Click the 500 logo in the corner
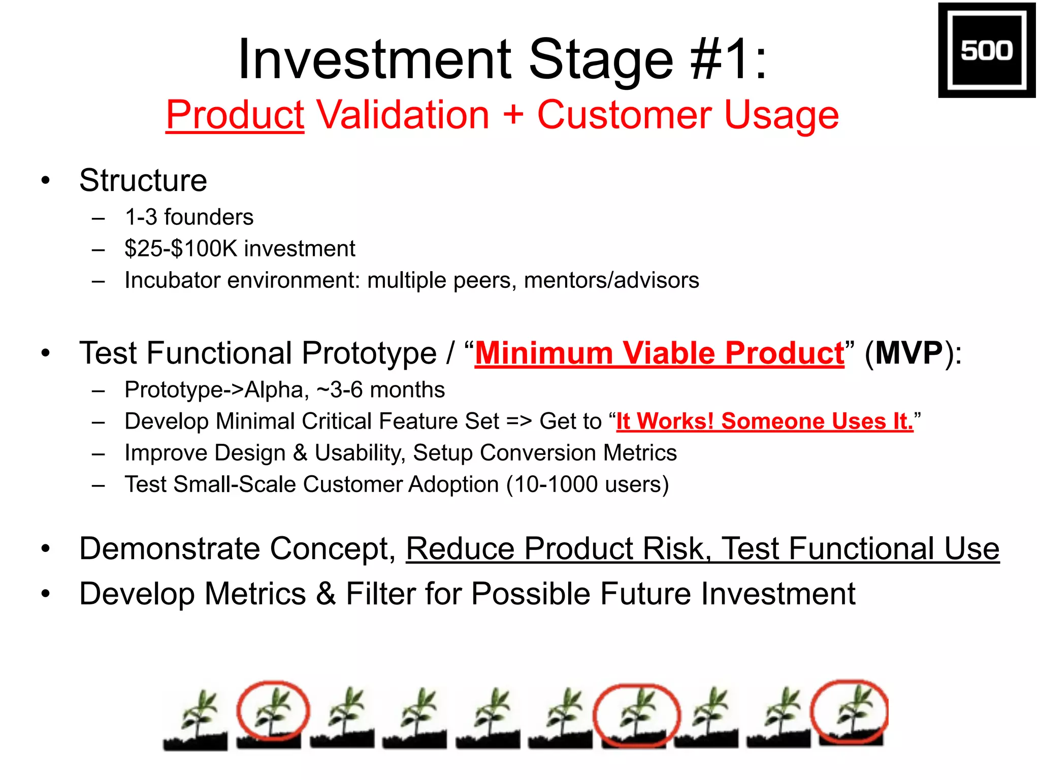(x=986, y=50)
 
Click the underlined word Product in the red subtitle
(x=235, y=115)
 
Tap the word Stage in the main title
(x=601, y=59)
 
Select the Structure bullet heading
(x=143, y=180)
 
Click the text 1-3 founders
(x=189, y=217)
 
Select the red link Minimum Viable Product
(x=659, y=353)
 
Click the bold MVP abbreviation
(x=909, y=353)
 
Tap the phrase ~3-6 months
(x=381, y=390)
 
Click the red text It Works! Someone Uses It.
(x=764, y=421)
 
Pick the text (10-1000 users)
(x=588, y=484)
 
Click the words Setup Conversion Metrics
(x=544, y=453)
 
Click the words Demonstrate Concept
(x=237, y=549)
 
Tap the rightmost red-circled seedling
(x=851, y=713)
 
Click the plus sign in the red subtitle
(x=513, y=115)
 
